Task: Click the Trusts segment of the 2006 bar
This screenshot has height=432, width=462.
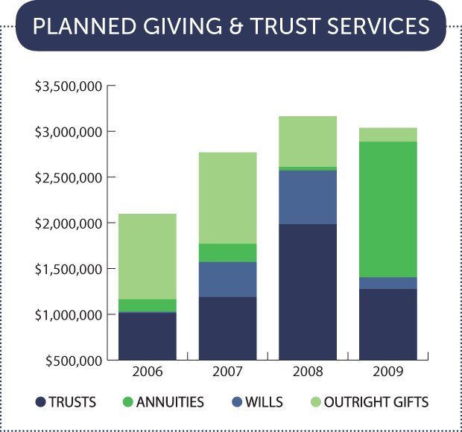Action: coord(148,336)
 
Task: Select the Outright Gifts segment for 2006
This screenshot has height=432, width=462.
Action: coord(148,256)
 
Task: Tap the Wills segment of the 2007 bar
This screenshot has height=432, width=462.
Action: coord(227,279)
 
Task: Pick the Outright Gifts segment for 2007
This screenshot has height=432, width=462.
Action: coord(227,197)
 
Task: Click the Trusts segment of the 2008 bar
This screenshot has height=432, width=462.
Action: coord(307,292)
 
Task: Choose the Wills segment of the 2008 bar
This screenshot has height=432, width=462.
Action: coord(307,197)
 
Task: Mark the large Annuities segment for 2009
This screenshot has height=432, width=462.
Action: coord(387,209)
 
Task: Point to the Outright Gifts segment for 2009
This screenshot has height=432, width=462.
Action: coord(387,134)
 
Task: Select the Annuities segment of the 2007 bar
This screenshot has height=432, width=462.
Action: coord(227,252)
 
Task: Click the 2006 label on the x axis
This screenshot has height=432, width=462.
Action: coord(148,370)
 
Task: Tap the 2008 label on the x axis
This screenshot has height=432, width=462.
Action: coord(307,370)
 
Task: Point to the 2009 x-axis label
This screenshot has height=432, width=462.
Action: coord(387,370)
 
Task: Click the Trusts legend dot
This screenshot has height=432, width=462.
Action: coord(40,403)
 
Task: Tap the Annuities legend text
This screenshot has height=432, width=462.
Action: coord(171,403)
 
